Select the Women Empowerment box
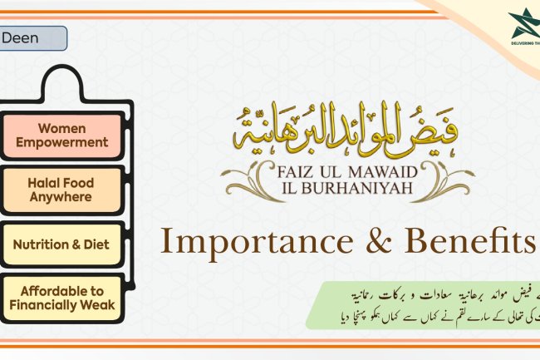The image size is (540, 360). [62, 135]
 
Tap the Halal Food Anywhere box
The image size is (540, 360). [62, 190]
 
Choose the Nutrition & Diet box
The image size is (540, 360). [62, 245]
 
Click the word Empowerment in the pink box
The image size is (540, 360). [62, 142]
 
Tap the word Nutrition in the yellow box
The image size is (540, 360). [47, 245]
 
